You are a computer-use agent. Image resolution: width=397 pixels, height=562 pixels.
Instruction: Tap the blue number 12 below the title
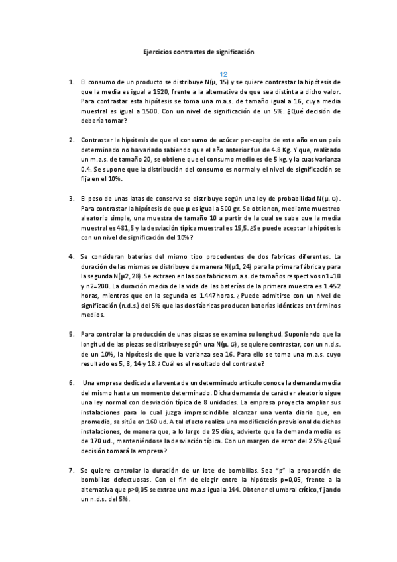click(223, 74)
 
